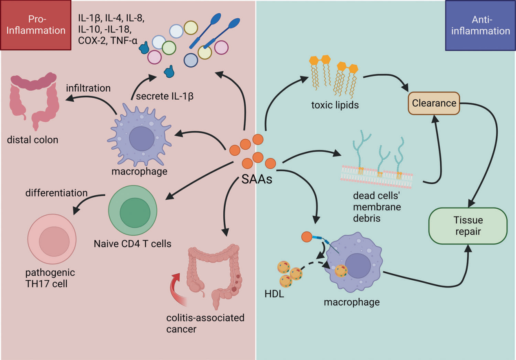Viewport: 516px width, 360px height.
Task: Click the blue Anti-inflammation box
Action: tap(480, 25)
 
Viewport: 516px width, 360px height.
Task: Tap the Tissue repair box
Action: tap(468, 226)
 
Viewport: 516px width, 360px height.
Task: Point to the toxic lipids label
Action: tap(335, 105)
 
